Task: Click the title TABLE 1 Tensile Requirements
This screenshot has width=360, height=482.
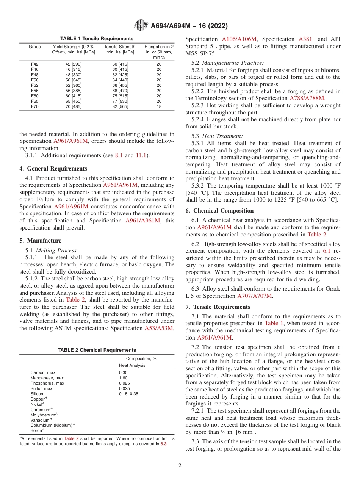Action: (x=97, y=39)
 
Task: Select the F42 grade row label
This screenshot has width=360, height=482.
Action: (x=34, y=64)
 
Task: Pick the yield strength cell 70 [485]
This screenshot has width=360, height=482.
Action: (x=74, y=107)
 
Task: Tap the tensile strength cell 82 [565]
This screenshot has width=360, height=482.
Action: (x=120, y=107)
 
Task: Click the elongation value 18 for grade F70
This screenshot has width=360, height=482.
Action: (x=159, y=107)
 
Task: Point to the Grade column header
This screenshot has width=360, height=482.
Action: (x=34, y=47)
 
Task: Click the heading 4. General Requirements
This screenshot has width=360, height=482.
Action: (x=53, y=169)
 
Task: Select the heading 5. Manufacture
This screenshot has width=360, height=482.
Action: (x=40, y=241)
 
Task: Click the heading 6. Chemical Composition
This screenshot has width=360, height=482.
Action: (x=220, y=211)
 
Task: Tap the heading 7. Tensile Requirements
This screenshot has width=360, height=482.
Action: (x=218, y=307)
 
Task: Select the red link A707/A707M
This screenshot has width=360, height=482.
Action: (x=255, y=296)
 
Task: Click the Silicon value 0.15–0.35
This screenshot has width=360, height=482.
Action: (x=128, y=394)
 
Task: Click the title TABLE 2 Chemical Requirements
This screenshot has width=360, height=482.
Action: (x=97, y=350)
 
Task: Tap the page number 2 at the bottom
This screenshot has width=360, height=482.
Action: (x=180, y=466)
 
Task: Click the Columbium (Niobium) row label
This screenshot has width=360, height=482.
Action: (x=52, y=425)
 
